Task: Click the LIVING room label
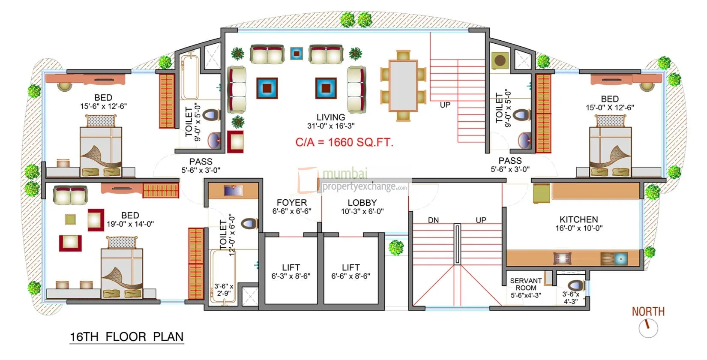pos(330,117)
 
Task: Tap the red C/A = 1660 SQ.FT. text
pos(344,142)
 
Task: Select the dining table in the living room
pos(403,86)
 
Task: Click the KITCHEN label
pos(578,219)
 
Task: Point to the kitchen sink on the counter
pos(620,258)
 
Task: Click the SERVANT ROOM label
pos(526,284)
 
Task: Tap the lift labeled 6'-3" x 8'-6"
pos(291,272)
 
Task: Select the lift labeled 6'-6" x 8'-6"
pos(351,272)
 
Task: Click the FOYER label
pos(291,203)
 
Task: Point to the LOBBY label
pos(362,203)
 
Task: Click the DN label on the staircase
pos(433,220)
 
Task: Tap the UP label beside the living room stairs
pos(445,105)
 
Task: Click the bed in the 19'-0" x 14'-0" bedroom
pos(122,273)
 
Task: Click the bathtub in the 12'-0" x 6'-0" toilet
pos(222,276)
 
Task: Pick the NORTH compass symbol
pos(648,327)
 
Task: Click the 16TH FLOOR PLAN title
pos(127,337)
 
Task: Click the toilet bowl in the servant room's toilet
pos(575,286)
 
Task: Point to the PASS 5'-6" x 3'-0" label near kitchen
pos(510,165)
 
